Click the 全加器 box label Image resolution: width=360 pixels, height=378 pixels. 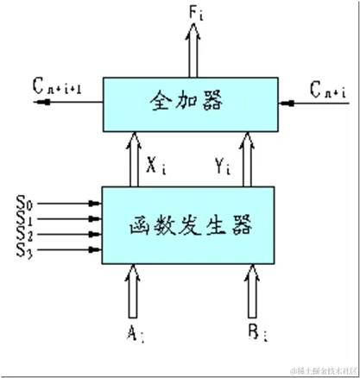pyautogui.click(x=191, y=102)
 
